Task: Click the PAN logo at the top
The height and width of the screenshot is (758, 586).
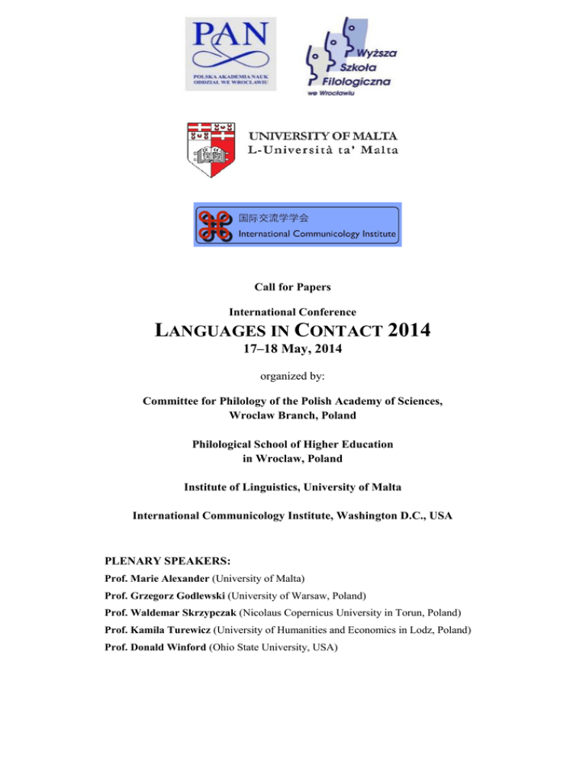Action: [233, 54]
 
